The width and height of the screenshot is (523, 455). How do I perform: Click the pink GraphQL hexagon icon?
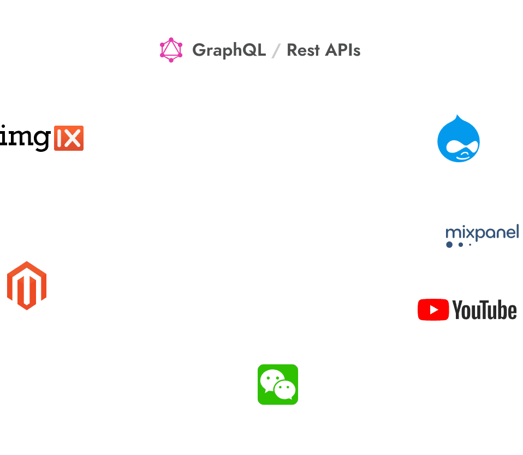pos(171,50)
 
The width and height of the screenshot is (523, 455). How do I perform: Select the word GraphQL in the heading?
pos(229,50)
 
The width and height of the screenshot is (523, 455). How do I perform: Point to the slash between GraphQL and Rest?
pos(276,51)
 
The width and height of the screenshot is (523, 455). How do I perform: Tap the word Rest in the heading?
pos(303,50)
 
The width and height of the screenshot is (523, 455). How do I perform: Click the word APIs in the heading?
pos(342,50)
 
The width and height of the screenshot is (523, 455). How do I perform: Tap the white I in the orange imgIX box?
pos(60,138)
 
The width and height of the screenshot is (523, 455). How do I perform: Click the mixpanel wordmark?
pos(482,233)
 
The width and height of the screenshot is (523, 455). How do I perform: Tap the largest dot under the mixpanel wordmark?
pos(449,245)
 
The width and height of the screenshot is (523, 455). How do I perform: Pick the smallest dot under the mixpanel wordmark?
pos(470,245)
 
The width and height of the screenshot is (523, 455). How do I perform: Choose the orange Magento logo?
pos(27,285)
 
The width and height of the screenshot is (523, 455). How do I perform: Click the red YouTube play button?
pos(433,310)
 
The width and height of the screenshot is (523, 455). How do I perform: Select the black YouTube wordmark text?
pos(484,310)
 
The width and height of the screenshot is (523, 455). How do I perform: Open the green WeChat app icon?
pos(278,385)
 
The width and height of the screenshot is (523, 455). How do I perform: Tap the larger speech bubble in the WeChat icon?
pos(271,380)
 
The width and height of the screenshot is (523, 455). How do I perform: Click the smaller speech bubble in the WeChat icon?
pos(286,389)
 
